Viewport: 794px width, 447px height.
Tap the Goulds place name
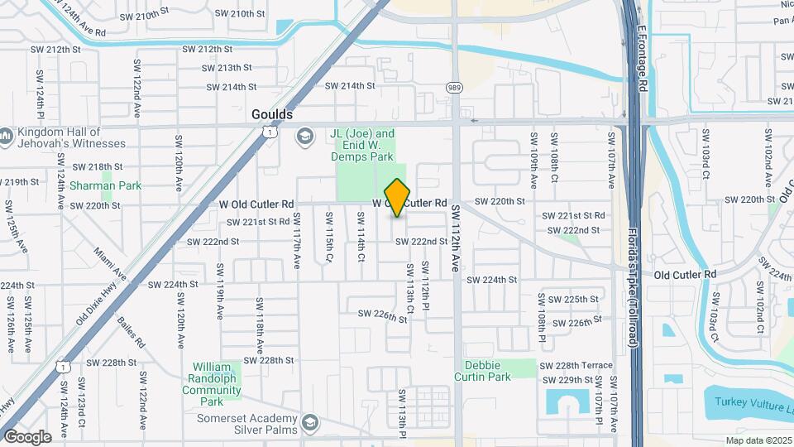[x=272, y=115]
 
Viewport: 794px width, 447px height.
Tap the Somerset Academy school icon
[x=310, y=422]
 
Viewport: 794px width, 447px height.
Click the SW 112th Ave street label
[x=455, y=240]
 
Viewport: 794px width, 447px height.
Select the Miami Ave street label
[x=110, y=263]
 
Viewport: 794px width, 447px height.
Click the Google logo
[x=27, y=436]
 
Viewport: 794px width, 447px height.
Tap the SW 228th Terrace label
[x=576, y=365]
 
